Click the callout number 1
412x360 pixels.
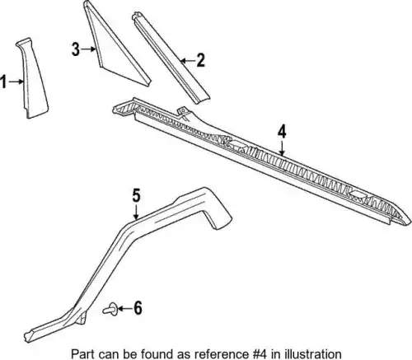[x=3, y=82]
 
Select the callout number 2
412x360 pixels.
[x=200, y=60]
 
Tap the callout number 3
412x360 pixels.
[x=76, y=49]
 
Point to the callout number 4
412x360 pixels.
[x=282, y=131]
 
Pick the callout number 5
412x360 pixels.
[x=136, y=195]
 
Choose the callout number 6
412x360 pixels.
[x=138, y=308]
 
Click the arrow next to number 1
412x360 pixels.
[x=16, y=82]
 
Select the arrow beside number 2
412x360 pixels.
[x=187, y=60]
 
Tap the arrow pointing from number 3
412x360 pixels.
[x=89, y=49]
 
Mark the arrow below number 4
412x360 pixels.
[x=282, y=148]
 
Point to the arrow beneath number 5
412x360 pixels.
[x=136, y=212]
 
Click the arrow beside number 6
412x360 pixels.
[x=125, y=308]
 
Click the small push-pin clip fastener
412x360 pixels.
[x=110, y=310]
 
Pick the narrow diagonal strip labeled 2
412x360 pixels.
[x=171, y=58]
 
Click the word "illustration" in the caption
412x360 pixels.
[x=314, y=353]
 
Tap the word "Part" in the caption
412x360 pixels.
[x=81, y=353]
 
